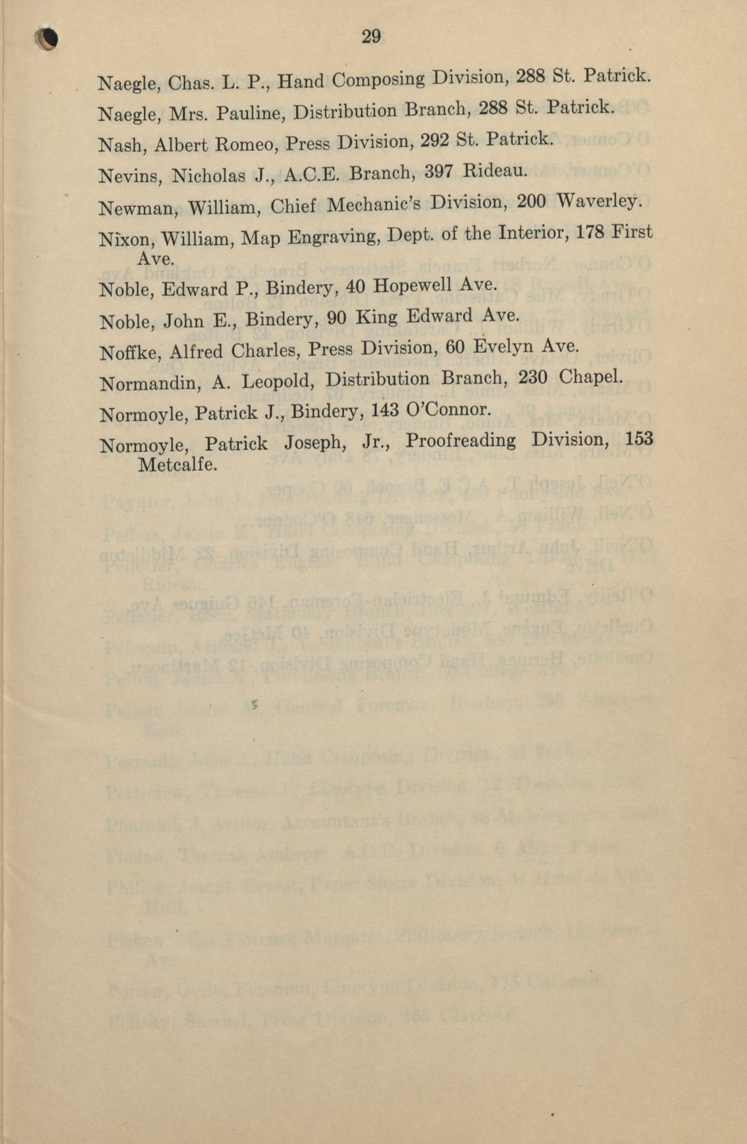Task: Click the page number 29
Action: coord(371,37)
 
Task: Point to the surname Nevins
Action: coord(128,176)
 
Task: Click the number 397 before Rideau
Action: coord(440,172)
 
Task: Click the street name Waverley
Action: coord(599,201)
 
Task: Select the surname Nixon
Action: coord(126,239)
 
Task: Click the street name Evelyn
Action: coord(499,347)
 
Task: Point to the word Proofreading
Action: coord(461,441)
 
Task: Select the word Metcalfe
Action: coord(178,465)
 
